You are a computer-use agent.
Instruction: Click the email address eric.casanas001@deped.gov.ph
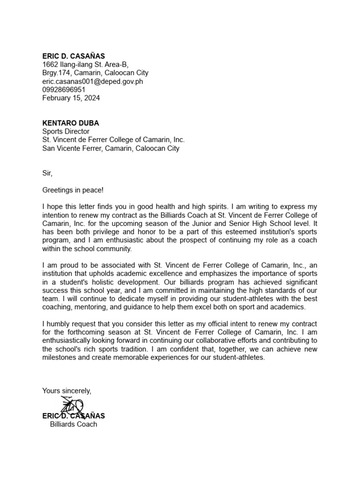[x=92, y=81]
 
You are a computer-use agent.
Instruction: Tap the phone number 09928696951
[x=64, y=90]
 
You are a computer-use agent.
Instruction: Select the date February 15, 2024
[x=71, y=98]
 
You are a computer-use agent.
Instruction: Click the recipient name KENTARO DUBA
[x=70, y=123]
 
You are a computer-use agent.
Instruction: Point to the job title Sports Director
[x=66, y=132]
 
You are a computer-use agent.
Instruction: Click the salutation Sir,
[x=47, y=173]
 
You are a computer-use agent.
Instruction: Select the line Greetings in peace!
[x=73, y=190]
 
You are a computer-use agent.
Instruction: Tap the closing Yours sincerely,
[x=67, y=390]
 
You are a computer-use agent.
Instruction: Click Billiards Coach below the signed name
[x=74, y=424]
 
